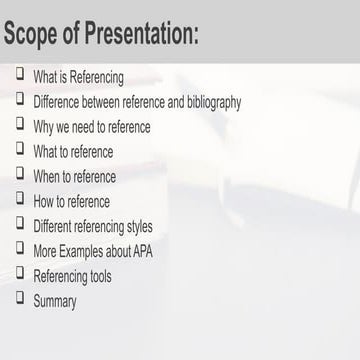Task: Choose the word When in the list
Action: click(47, 176)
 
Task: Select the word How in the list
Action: click(44, 201)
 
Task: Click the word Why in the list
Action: click(44, 127)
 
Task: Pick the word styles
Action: click(134, 226)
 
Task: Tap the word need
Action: click(86, 127)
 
